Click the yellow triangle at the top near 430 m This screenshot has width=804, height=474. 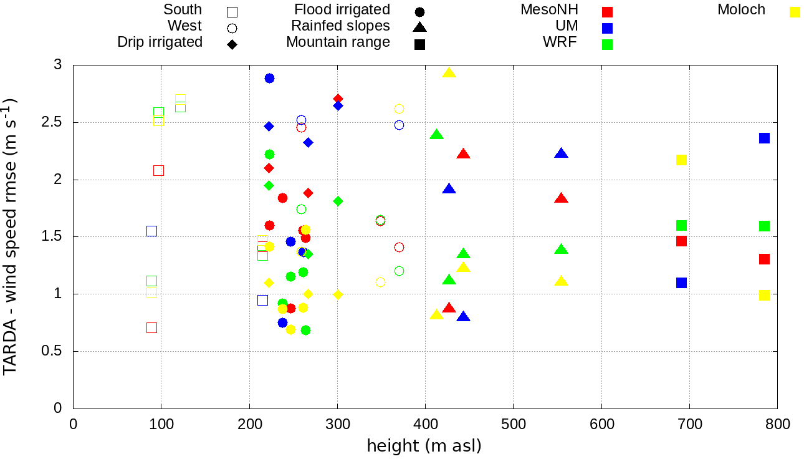pos(449,73)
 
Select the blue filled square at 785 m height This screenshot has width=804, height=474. pos(764,138)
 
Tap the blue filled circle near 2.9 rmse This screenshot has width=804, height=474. pos(269,78)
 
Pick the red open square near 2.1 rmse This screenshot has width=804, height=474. pos(158,170)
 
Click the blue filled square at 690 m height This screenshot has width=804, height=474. pos(681,283)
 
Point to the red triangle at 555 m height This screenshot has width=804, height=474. pos(561,198)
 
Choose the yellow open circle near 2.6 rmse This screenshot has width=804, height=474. pos(399,109)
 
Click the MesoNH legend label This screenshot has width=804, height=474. pos(549,10)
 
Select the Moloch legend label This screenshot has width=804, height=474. pos(741,10)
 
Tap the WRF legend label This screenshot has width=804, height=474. pos(560,42)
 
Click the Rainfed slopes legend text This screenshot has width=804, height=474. pos(340,26)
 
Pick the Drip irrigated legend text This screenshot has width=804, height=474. pos(160,42)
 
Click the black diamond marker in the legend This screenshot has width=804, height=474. pos(232,44)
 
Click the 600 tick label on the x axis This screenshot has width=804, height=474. pos(601,425)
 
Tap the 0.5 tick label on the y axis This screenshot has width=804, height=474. pos(54,351)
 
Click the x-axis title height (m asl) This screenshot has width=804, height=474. pos(424,446)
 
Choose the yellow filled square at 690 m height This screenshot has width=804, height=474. pos(681,160)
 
